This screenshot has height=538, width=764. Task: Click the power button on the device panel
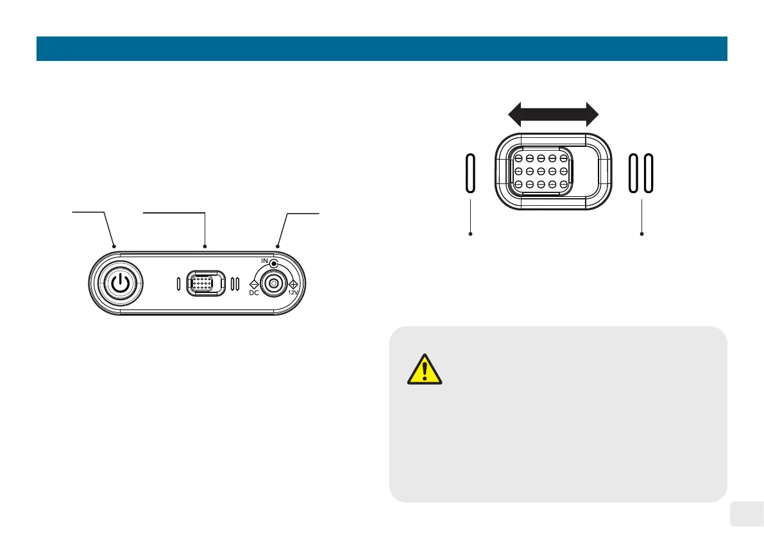click(x=116, y=283)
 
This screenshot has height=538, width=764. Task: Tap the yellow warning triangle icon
click(x=423, y=369)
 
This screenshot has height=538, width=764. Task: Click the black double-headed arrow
click(x=553, y=115)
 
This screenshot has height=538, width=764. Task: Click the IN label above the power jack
click(x=264, y=262)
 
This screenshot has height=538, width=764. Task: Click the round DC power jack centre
click(x=275, y=283)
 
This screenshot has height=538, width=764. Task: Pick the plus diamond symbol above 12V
click(x=294, y=283)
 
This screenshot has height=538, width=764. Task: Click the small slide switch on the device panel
click(x=205, y=283)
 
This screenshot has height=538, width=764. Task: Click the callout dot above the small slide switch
click(x=204, y=246)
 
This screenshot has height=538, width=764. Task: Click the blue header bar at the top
click(x=382, y=48)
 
